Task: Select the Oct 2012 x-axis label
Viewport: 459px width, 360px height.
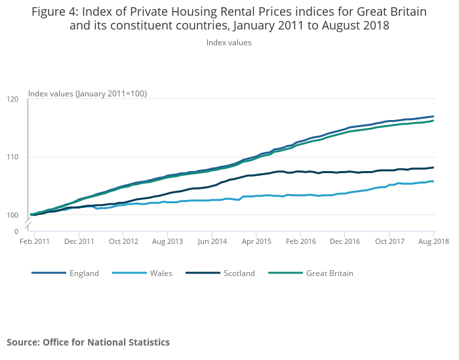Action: click(x=123, y=241)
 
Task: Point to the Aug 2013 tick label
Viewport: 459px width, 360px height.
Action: click(x=167, y=241)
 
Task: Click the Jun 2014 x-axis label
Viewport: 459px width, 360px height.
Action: click(x=212, y=241)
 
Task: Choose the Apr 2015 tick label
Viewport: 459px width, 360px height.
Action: click(x=256, y=241)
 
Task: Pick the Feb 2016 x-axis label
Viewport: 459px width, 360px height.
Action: click(x=300, y=241)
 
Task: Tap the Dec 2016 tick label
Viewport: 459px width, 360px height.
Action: click(x=345, y=241)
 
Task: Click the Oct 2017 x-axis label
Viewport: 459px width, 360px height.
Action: click(x=389, y=241)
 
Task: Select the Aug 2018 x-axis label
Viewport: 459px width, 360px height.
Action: click(x=433, y=241)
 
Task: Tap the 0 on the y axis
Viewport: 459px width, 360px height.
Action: click(x=16, y=231)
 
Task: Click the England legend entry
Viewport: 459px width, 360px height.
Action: click(x=84, y=273)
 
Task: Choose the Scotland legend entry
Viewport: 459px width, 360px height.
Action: click(x=239, y=273)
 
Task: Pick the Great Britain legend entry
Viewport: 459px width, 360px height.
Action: click(x=329, y=273)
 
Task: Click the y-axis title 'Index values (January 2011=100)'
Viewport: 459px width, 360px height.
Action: click(x=87, y=94)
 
